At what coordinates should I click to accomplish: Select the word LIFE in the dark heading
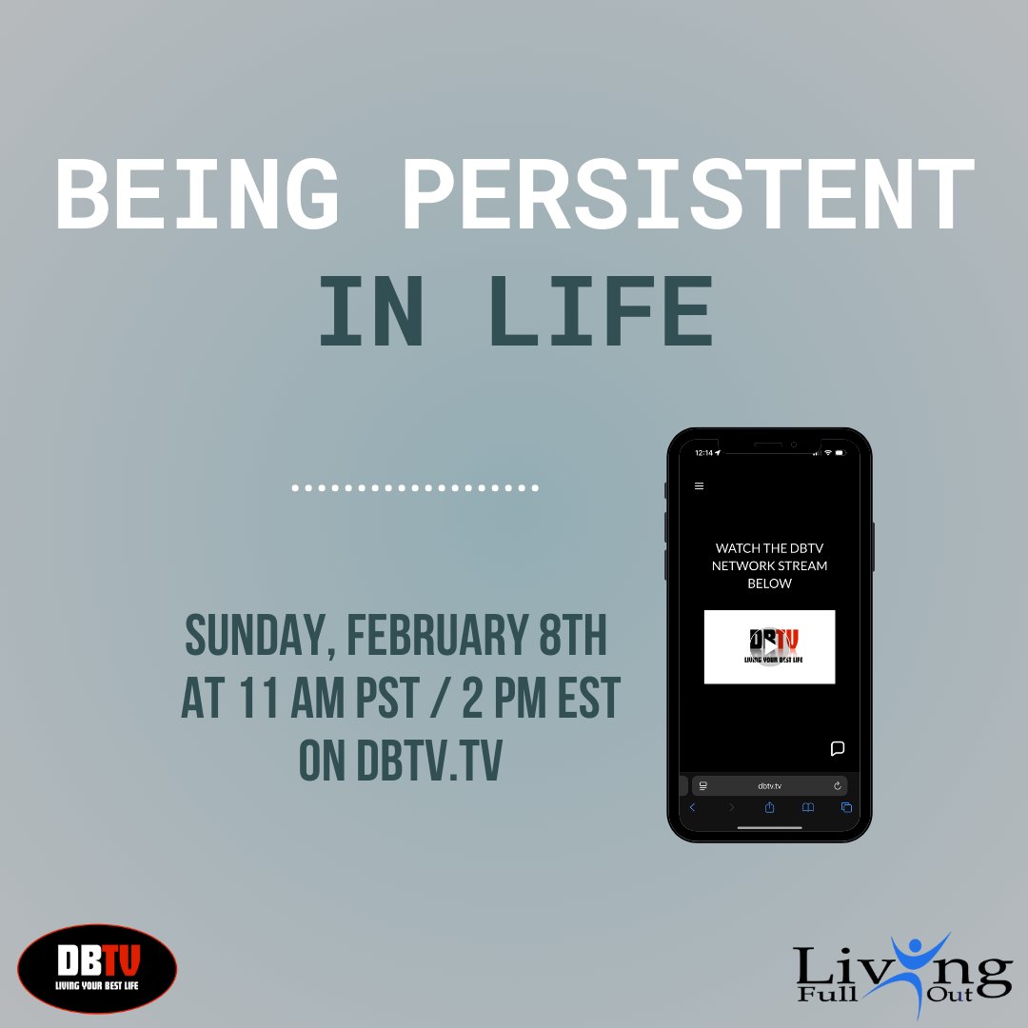click(600, 311)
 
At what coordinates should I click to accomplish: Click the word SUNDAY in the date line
click(255, 637)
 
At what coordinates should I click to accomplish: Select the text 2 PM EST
click(542, 700)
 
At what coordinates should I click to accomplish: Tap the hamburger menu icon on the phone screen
click(699, 485)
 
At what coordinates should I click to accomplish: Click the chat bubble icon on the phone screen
click(838, 748)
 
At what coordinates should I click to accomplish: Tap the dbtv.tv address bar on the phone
click(769, 785)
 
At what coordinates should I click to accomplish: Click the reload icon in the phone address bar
click(838, 785)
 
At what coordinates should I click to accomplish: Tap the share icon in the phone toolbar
click(769, 807)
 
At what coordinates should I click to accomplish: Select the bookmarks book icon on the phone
click(807, 807)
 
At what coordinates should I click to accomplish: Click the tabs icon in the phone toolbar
click(846, 807)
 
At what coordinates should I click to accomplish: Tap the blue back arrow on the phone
click(692, 807)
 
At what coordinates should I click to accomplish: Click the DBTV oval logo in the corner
click(97, 969)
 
